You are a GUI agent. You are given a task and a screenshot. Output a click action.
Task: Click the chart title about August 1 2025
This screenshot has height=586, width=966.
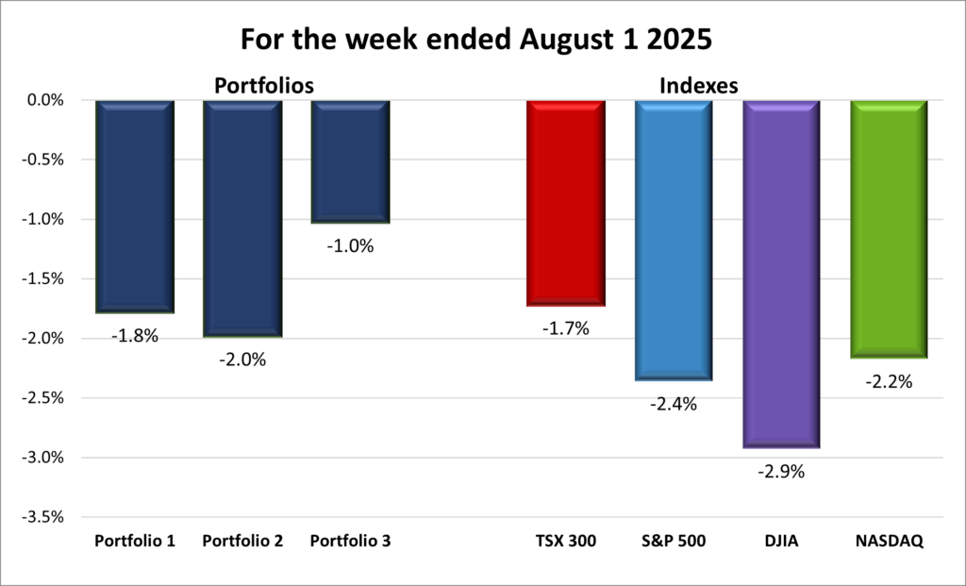click(x=482, y=42)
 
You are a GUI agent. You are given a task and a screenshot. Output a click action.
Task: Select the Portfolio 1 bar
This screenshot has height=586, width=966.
click(x=134, y=206)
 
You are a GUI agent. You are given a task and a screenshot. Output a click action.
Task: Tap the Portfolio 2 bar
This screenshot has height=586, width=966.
click(x=242, y=218)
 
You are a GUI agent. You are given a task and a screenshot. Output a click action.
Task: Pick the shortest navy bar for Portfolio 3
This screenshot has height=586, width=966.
click(x=350, y=161)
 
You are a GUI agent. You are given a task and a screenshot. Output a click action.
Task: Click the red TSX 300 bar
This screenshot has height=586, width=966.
click(x=565, y=203)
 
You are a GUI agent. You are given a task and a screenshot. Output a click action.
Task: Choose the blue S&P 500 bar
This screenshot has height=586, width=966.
click(x=674, y=240)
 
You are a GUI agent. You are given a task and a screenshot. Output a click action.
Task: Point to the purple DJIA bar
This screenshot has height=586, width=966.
click(x=781, y=274)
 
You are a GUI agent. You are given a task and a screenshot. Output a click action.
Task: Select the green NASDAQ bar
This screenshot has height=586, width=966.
click(x=889, y=229)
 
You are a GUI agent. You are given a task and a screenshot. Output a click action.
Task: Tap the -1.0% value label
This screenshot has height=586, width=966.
click(x=350, y=246)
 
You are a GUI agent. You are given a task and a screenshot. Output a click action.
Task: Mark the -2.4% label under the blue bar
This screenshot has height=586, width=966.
click(x=674, y=404)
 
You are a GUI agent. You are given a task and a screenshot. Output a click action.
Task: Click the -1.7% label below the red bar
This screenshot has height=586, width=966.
click(x=565, y=328)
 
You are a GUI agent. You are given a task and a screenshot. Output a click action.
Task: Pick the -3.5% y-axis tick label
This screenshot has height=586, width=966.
click(x=43, y=517)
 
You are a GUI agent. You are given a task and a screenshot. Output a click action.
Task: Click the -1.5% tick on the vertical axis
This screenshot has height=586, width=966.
click(x=43, y=278)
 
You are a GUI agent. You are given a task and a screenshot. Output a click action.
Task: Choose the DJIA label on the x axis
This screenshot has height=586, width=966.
click(x=781, y=542)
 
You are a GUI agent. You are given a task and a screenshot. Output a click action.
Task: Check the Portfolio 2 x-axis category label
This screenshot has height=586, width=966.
click(x=242, y=542)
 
